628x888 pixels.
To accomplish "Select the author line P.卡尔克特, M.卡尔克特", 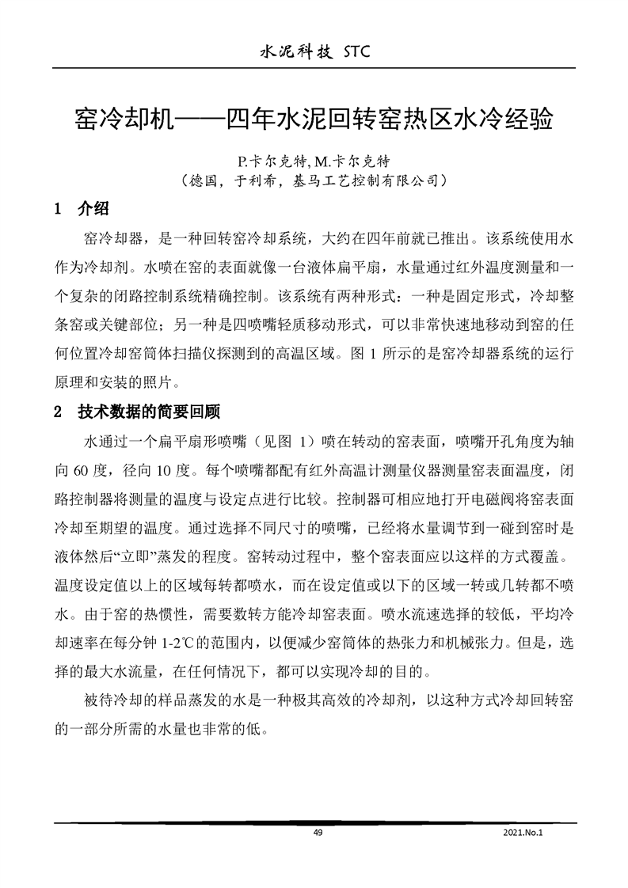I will point(314,161).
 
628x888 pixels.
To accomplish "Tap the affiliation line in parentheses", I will point(314,181).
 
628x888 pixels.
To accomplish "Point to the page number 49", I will point(318,833).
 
